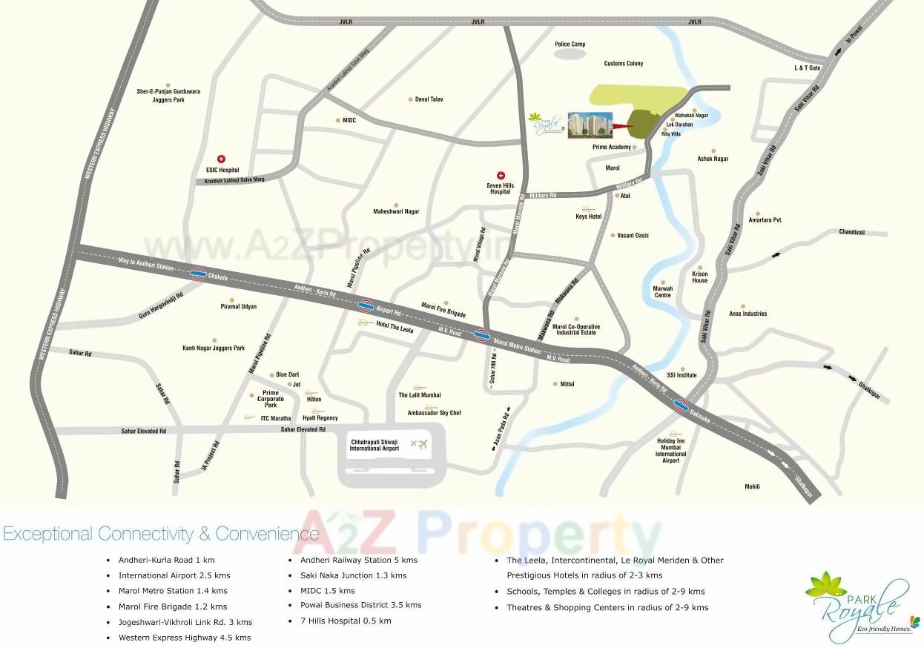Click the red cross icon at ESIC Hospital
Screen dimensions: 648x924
221,159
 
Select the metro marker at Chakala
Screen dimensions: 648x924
198,274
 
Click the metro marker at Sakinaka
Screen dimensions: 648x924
681,405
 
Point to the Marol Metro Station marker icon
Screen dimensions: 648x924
482,335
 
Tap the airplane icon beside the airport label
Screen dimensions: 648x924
419,444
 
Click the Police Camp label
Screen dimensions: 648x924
570,44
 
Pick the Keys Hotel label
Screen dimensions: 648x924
588,216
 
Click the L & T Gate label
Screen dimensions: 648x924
808,68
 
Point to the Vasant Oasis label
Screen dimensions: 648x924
633,236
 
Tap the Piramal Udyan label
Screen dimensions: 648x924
239,307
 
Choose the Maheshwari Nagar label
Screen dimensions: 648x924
396,212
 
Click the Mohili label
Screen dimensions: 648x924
752,487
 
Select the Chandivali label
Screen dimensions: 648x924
852,232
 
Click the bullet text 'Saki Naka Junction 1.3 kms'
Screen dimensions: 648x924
353,575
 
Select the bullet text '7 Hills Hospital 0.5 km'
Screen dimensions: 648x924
345,621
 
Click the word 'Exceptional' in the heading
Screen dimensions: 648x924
48,534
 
